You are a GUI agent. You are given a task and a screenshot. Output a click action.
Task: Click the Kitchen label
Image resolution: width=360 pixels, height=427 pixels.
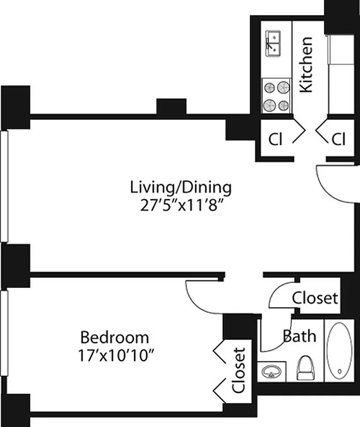point(306,65)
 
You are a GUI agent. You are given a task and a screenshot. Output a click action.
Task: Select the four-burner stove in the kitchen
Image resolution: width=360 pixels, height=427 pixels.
point(277,96)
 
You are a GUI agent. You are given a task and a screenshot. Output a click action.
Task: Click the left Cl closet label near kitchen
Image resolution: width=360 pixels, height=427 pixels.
point(275,139)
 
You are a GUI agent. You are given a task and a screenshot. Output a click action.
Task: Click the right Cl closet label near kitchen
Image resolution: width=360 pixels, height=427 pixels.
point(339,139)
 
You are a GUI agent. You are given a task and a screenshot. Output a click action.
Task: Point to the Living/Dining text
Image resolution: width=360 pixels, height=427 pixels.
point(181,188)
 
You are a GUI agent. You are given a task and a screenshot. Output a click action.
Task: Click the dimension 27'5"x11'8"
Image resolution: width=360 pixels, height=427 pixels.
point(181,205)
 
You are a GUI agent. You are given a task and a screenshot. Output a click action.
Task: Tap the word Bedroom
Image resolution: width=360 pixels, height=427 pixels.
point(114,337)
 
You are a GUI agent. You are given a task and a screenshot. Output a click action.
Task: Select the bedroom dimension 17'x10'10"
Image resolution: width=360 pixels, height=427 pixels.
point(114,354)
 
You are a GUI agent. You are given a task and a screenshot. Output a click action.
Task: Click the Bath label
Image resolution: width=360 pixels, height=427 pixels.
point(299,336)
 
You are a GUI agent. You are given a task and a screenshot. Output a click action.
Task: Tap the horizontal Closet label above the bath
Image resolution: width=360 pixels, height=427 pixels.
point(315,297)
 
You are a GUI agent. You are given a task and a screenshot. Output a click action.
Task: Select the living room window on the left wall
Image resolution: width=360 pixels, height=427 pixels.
point(4,187)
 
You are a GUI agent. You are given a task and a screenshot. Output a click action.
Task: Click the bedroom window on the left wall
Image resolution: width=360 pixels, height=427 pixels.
point(4,342)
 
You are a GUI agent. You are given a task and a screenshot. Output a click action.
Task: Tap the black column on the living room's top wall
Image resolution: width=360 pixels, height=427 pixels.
point(171,107)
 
